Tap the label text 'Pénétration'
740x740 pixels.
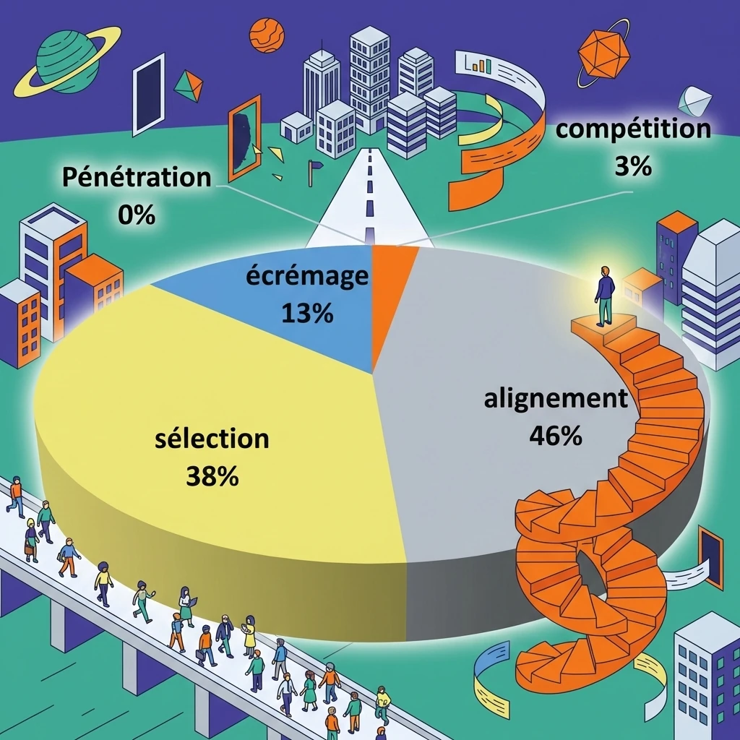[137, 178]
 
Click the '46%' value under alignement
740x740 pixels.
[556, 436]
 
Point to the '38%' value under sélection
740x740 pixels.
[212, 476]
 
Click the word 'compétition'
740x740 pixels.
[633, 129]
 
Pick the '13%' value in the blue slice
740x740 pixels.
[307, 313]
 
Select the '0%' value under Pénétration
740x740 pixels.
[137, 215]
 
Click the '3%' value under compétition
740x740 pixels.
[633, 166]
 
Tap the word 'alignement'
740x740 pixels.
[556, 399]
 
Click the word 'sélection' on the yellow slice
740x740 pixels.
[212, 438]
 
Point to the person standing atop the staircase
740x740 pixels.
[604, 296]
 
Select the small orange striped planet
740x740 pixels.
[267, 35]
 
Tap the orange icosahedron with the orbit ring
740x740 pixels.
[603, 53]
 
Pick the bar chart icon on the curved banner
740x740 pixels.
[478, 64]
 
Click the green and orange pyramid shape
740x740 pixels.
[189, 86]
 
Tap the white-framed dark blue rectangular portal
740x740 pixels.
[149, 94]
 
